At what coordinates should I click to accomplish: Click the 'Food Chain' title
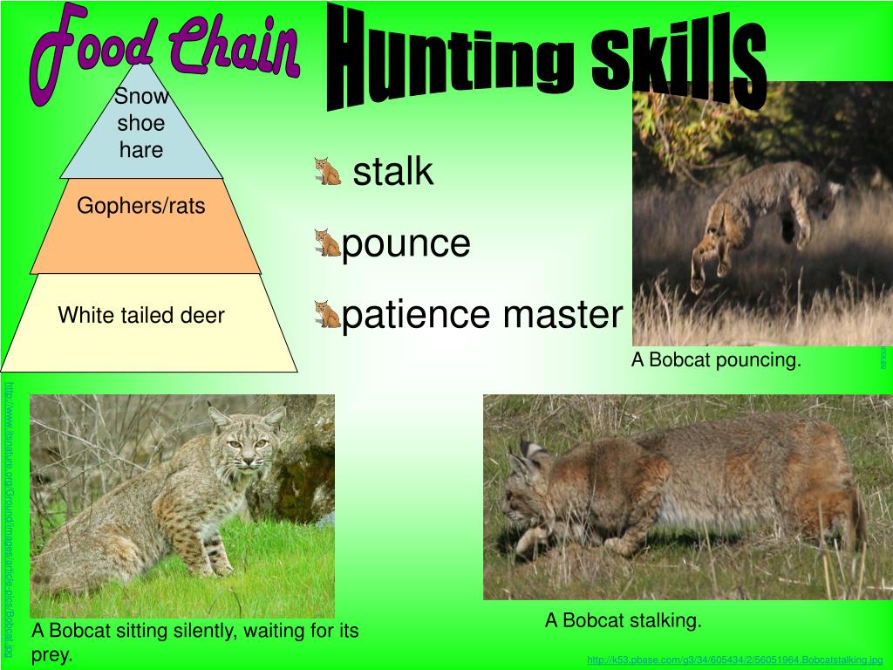coord(166,52)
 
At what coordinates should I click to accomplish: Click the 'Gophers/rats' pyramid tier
coord(141,207)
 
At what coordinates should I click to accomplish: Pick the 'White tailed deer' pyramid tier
coord(141,316)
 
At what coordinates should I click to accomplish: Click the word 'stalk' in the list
coord(392,172)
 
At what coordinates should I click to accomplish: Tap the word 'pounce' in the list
coord(406,243)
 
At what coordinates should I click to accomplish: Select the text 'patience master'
coord(482,315)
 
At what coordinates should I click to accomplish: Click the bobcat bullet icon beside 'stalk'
coord(328,171)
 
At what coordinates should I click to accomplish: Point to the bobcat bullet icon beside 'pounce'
coord(328,243)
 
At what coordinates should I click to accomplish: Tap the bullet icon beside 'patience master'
coord(328,314)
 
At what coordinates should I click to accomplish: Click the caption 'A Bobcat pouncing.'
coord(716,360)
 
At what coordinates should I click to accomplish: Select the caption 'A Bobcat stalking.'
coord(623,621)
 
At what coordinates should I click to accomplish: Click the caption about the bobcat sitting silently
coord(194,642)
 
